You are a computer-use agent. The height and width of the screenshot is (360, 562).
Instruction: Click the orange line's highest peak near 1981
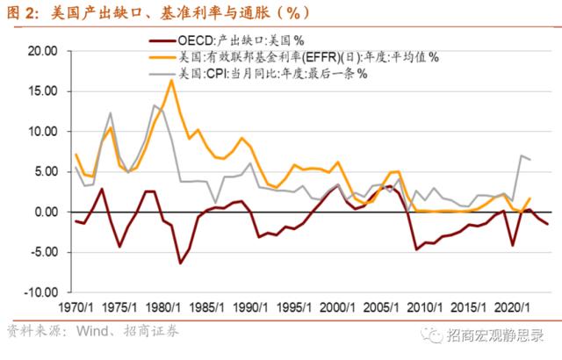(x=171, y=80)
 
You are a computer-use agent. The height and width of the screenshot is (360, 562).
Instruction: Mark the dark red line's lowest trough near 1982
(x=181, y=263)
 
